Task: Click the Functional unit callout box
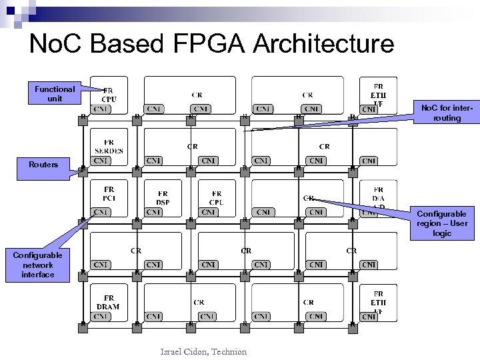coord(55,93)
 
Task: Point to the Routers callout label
coord(43,165)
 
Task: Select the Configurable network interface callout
coord(37,265)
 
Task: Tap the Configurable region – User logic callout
coord(442,223)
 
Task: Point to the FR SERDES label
coord(109,146)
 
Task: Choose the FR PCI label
coord(109,194)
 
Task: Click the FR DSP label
coord(163,198)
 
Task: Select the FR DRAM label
coord(108,302)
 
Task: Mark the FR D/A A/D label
coord(377,198)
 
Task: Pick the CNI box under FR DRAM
coord(101,316)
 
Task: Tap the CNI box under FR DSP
coord(154,212)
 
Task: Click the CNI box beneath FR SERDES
coord(101,160)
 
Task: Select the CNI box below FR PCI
coord(101,212)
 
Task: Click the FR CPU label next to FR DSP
coord(217,198)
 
